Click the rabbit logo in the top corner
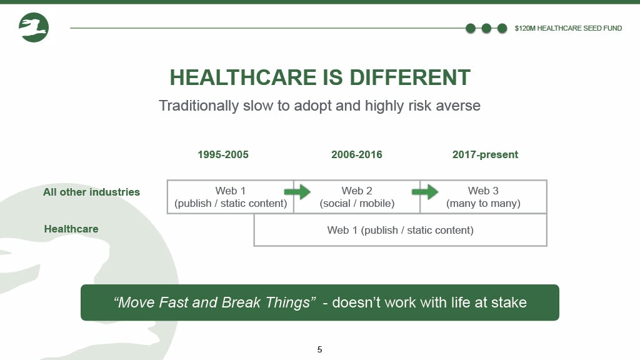click(x=34, y=27)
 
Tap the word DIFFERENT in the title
click(x=410, y=77)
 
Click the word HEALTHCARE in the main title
click(x=243, y=77)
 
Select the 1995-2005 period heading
click(x=223, y=155)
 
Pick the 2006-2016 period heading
click(x=357, y=155)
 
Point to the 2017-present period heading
click(x=485, y=155)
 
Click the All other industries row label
click(x=91, y=192)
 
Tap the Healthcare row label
click(x=71, y=229)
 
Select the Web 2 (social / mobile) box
click(x=357, y=197)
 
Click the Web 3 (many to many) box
click(x=483, y=197)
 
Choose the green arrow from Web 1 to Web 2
click(x=297, y=192)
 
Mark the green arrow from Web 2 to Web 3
click(x=425, y=192)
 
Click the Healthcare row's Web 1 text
click(x=401, y=230)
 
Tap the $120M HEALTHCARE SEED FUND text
click(x=568, y=28)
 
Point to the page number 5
click(x=319, y=349)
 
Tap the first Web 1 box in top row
click(x=231, y=197)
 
